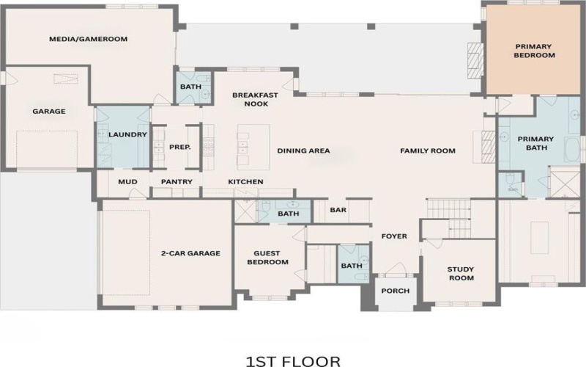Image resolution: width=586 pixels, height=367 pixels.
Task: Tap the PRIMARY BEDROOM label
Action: tap(533, 51)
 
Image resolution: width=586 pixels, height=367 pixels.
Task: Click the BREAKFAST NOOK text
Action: tap(250, 99)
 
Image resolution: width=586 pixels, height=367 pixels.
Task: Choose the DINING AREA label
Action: tap(303, 150)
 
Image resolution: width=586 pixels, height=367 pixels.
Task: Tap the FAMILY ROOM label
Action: tap(427, 150)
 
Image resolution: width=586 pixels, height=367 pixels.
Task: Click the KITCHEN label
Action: tap(245, 181)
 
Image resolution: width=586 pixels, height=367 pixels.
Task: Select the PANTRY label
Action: tap(177, 181)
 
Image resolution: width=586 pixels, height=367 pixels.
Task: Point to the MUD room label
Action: tap(127, 181)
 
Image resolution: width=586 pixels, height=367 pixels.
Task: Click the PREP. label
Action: tap(180, 147)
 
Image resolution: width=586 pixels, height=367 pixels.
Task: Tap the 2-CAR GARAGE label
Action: tap(190, 253)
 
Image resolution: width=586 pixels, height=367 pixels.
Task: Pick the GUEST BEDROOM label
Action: tap(267, 258)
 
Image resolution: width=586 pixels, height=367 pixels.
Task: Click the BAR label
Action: tap(338, 210)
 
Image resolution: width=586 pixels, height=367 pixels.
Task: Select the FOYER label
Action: tap(393, 236)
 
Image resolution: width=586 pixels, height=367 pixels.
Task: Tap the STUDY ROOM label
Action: tap(461, 273)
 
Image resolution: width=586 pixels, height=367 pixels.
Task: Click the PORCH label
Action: tap(395, 291)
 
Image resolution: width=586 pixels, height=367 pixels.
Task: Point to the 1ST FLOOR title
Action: tap(292, 360)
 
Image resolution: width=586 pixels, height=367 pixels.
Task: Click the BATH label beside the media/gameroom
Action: tap(191, 87)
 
